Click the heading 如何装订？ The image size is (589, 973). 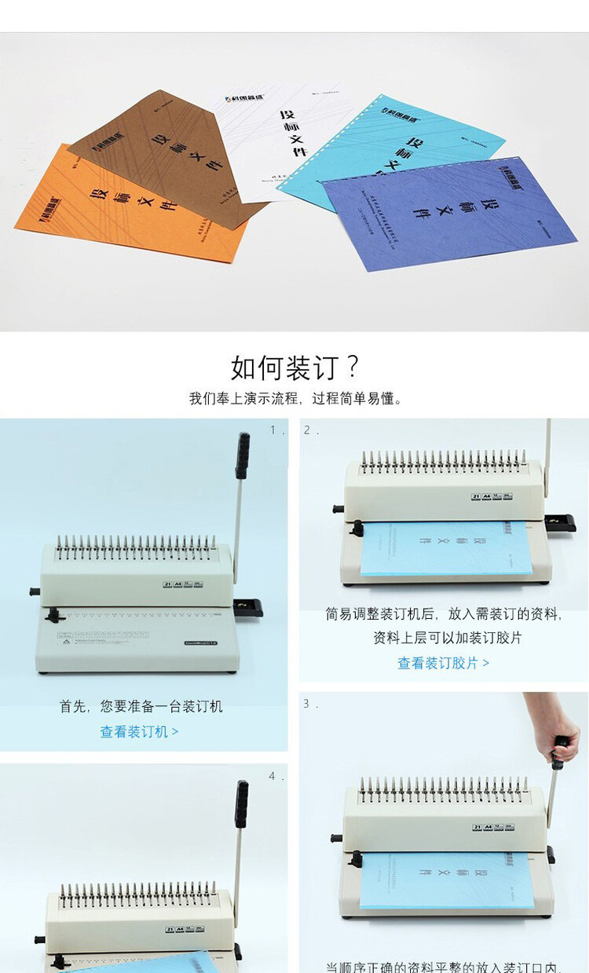coord(294,368)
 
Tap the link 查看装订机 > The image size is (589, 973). coord(139,732)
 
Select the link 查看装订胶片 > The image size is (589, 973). coord(443,664)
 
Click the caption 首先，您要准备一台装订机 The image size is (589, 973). coord(141,707)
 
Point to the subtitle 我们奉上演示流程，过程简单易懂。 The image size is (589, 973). coord(294,398)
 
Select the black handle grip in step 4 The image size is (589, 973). coord(242,803)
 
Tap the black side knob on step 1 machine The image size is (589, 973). coord(34,591)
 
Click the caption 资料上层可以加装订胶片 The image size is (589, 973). coord(448,638)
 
